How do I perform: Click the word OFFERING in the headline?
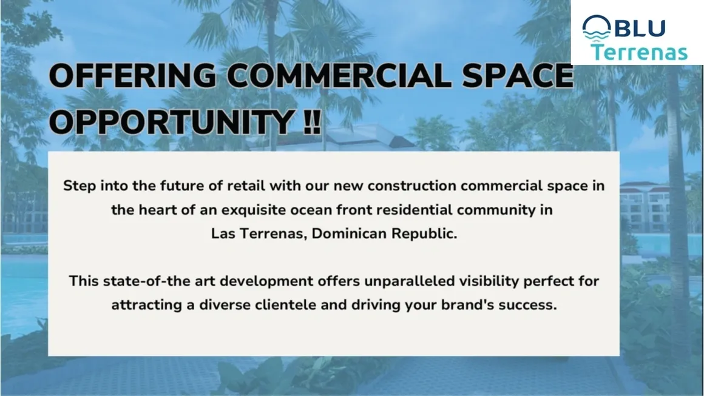click(132, 75)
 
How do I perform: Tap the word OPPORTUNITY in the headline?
click(172, 121)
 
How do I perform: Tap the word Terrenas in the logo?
click(639, 52)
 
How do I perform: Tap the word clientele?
click(286, 305)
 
